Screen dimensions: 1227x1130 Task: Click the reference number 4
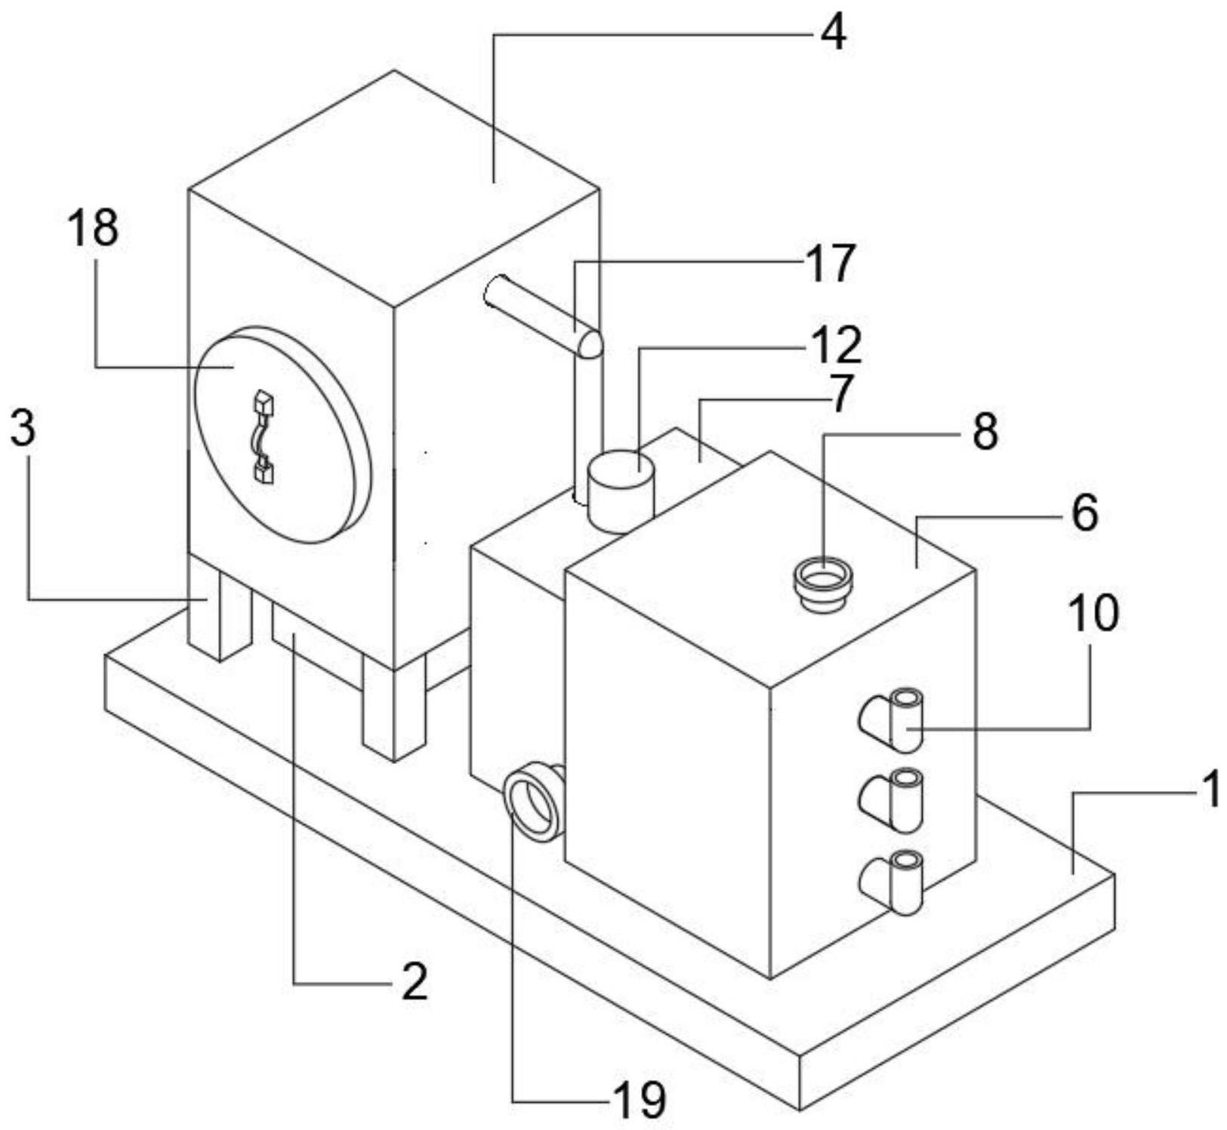(x=833, y=33)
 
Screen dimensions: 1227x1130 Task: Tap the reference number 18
(x=94, y=228)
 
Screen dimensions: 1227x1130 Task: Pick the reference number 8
(x=984, y=431)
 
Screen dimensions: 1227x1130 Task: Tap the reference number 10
(x=1093, y=612)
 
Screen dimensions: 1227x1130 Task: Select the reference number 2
(x=414, y=982)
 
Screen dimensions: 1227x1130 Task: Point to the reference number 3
(x=23, y=428)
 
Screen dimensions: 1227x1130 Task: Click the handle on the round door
(x=263, y=436)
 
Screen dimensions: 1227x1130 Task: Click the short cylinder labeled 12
(x=620, y=491)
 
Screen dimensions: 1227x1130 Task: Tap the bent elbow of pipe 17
(x=587, y=344)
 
